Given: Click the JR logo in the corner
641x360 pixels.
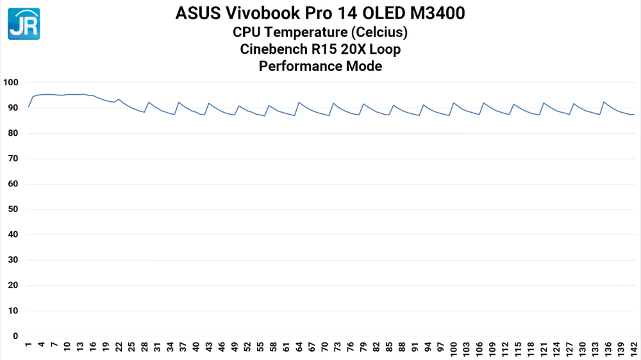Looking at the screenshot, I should (24, 24).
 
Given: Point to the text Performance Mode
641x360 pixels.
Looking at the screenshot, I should (320, 66).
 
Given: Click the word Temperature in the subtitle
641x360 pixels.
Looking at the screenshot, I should (308, 32).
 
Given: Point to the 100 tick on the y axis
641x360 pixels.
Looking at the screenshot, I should (11, 83).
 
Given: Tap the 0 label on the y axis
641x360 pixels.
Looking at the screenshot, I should (16, 336).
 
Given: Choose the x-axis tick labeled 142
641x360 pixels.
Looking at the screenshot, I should (633, 348).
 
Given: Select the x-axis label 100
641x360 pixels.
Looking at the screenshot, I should (453, 348).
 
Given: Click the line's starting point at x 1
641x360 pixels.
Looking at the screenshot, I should (29, 107).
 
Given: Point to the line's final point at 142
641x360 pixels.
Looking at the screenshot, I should (633, 115).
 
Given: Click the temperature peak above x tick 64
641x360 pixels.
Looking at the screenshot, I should (299, 102).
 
